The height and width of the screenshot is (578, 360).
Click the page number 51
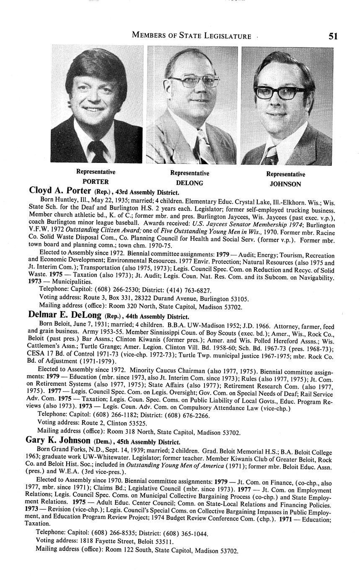(x=333, y=36)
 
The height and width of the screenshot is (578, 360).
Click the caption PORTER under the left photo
(x=96, y=181)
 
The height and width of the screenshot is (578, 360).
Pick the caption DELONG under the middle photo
(x=189, y=183)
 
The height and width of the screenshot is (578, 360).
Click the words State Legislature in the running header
(x=213, y=36)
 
